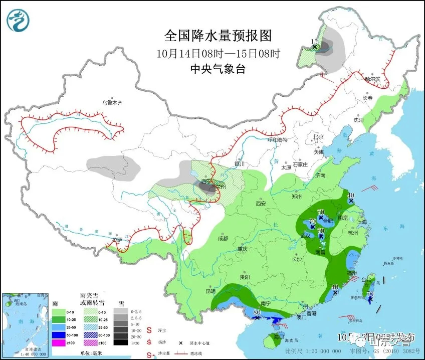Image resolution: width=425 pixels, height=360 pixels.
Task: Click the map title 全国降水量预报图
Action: pyautogui.click(x=218, y=36)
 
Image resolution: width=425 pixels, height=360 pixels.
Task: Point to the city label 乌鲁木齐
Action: pyautogui.click(x=112, y=102)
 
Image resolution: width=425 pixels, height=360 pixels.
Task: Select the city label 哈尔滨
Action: pyautogui.click(x=372, y=79)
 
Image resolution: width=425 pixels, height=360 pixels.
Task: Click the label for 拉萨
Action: pyautogui.click(x=117, y=240)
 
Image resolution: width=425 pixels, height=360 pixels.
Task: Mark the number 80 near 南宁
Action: pyautogui.click(x=257, y=312)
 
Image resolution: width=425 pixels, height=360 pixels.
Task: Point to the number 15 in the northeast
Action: pyautogui.click(x=314, y=42)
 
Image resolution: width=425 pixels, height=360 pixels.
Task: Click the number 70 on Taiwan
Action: pyautogui.click(x=370, y=294)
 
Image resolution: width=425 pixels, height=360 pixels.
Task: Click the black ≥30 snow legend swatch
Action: pyautogui.click(x=120, y=342)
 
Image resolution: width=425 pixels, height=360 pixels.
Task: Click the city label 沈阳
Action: pyautogui.click(x=358, y=120)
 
